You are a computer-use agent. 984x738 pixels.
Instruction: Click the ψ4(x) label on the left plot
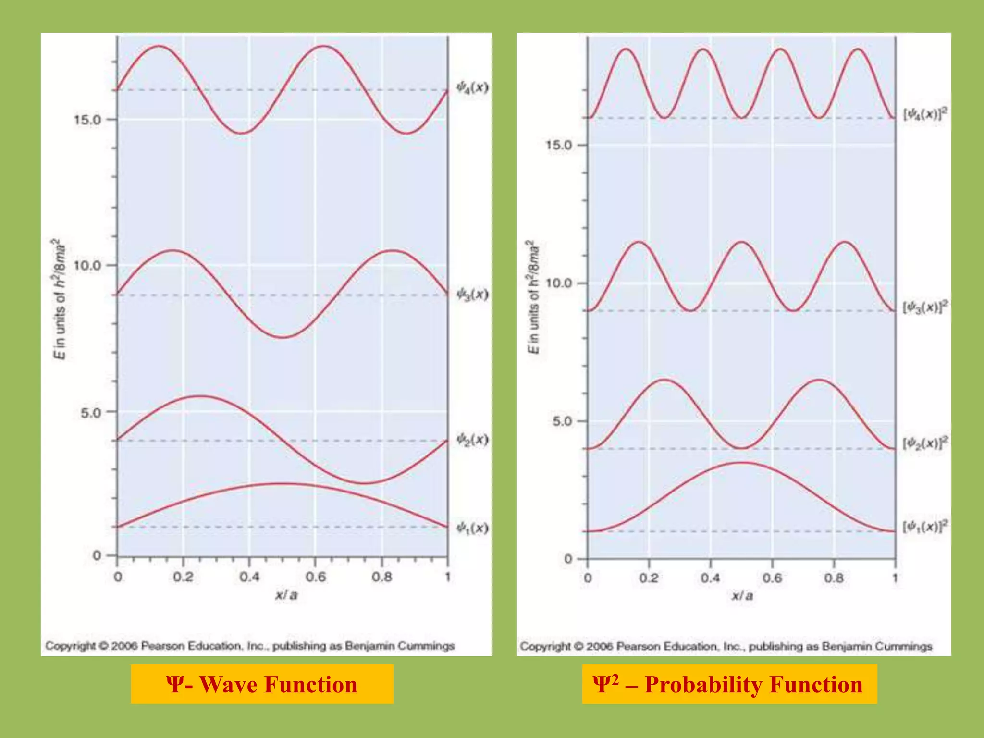point(472,87)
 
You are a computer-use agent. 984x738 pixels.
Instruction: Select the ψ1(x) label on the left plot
point(472,528)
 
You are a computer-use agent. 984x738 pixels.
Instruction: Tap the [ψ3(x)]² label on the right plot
point(925,307)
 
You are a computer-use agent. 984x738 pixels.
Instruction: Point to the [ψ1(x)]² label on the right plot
point(925,526)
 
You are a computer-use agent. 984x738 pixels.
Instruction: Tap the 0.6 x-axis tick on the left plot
point(315,577)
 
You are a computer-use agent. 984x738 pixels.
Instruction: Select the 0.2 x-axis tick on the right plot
point(649,578)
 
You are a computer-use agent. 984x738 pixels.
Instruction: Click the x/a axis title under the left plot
point(286,595)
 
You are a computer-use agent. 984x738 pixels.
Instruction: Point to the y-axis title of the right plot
point(533,297)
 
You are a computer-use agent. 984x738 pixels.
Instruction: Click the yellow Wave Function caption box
point(262,684)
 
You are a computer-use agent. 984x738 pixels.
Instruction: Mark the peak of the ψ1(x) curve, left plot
point(283,483)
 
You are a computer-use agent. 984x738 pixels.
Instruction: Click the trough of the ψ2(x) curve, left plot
point(364,483)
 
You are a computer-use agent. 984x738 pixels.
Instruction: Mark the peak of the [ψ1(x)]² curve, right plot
point(741,463)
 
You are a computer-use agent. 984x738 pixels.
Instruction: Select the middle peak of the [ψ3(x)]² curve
point(741,242)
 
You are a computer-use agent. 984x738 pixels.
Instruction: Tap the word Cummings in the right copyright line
point(903,646)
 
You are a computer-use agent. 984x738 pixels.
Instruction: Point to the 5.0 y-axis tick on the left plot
point(91,412)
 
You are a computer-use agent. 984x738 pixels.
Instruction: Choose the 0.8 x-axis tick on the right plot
point(834,578)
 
